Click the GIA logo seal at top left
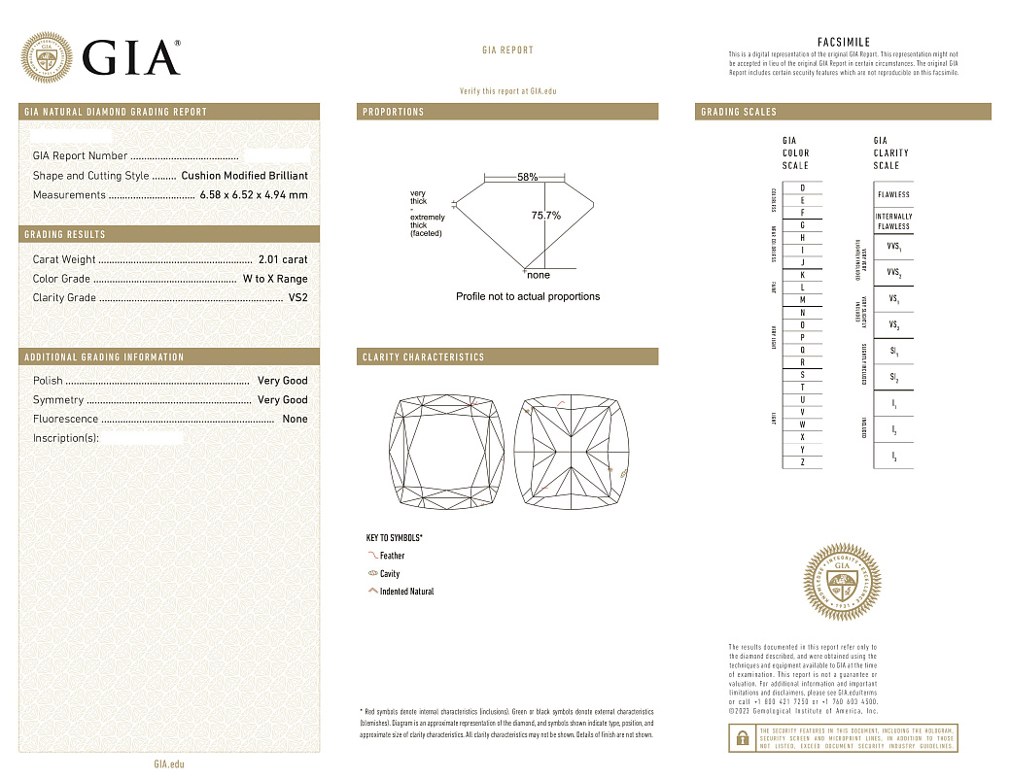coord(47,58)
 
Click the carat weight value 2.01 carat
coord(282,259)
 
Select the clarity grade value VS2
coord(297,298)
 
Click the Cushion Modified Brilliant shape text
coord(244,176)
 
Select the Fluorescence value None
coord(295,419)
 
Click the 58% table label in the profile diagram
coord(527,178)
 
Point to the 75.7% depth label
coord(545,216)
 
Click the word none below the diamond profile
coord(538,275)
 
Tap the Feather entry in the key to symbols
coord(392,556)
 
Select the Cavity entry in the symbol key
coord(389,574)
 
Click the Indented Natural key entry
coord(406,592)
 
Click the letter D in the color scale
coord(802,187)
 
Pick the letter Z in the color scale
coord(802,462)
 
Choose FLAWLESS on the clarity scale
coord(893,194)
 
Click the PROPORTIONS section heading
coord(394,112)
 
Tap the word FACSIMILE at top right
coord(843,43)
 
